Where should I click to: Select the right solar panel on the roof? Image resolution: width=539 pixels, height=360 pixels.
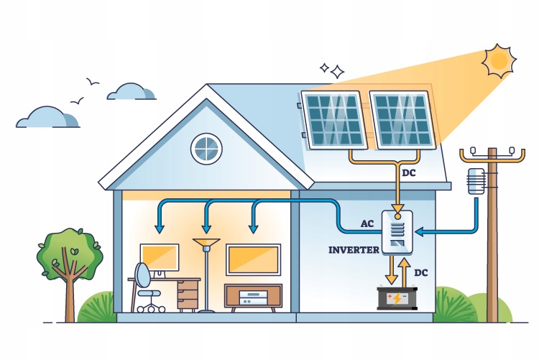pos(402,119)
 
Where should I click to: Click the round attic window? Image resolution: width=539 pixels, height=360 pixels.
pos(206,148)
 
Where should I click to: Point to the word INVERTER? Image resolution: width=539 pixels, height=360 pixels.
pos(354,250)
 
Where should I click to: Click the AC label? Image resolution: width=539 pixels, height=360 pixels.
pos(368,223)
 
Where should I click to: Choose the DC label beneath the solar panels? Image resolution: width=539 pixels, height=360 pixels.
pos(409,173)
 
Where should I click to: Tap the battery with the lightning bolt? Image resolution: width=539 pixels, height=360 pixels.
pos(397,297)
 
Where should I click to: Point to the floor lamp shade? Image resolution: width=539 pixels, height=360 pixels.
pos(207,245)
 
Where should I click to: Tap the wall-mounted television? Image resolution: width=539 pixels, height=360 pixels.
pos(253,259)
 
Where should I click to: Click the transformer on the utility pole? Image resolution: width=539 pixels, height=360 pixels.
pos(476,181)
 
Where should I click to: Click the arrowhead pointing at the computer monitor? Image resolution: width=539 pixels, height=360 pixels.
pos(160,229)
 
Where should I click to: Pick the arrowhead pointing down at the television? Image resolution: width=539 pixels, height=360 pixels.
pos(253,229)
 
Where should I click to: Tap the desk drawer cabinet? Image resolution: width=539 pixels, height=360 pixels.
pos(188,294)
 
